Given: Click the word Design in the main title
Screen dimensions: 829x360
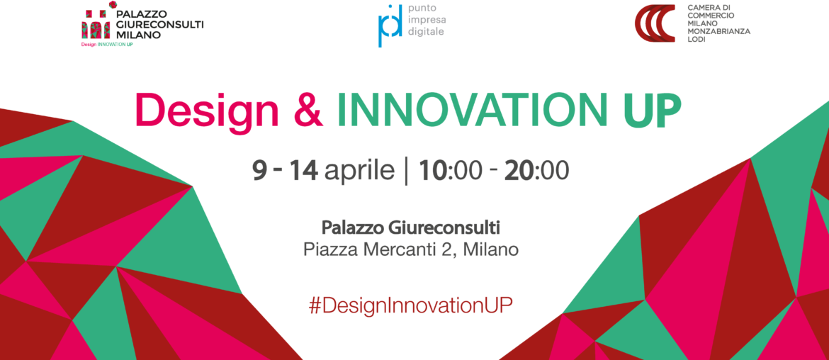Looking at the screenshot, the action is tap(207, 110).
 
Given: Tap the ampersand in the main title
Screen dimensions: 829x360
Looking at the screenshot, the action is tap(308, 110).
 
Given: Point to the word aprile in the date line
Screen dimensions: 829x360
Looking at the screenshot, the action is tap(360, 171).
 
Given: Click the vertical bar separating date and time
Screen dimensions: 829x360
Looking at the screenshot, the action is tap(407, 171).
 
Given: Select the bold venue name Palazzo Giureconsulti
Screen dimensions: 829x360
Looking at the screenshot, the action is tap(411, 228).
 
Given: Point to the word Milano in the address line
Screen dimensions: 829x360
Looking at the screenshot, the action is tap(490, 249).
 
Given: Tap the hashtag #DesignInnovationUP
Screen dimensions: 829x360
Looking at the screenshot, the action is tap(411, 305).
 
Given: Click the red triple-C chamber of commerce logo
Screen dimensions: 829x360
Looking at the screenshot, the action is tap(655, 23).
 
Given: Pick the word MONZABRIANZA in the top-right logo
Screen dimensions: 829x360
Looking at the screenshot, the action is tap(718, 31).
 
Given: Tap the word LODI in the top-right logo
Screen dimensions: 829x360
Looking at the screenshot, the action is tap(697, 40).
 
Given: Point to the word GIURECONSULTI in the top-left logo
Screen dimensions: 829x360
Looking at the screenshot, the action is tap(159, 24).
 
